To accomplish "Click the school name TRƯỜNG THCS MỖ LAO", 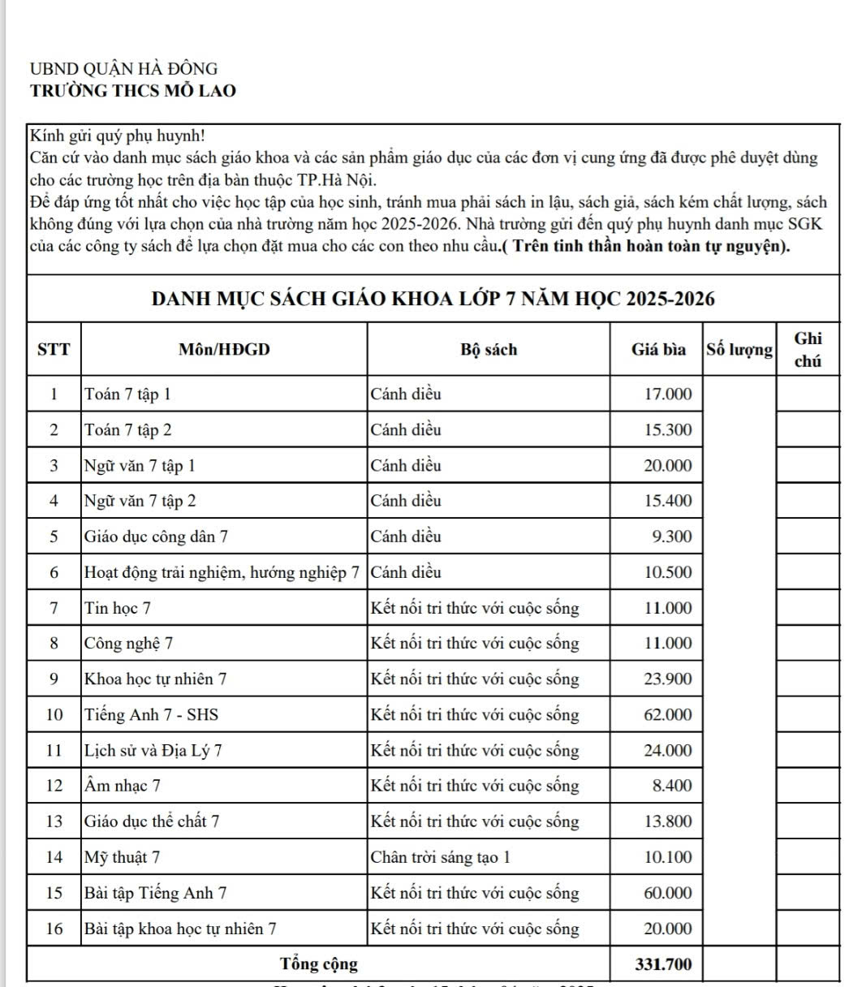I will (x=133, y=91).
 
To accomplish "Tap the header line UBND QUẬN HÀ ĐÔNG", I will (x=123, y=69).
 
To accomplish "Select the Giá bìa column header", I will (x=658, y=350).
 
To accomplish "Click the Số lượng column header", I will (x=739, y=350).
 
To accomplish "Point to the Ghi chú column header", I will (x=808, y=350).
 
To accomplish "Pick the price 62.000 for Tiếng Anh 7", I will (x=668, y=715).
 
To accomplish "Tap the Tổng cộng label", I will (x=318, y=964).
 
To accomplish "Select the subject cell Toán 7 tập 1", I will (x=128, y=394).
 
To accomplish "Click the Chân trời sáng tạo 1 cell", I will (x=441, y=857).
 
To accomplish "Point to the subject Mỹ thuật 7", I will (x=123, y=857).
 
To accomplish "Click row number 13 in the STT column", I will (x=54, y=821).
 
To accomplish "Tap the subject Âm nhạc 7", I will (x=123, y=786).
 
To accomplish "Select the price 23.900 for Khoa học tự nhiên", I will (x=668, y=679).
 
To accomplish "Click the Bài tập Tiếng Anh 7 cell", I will (x=156, y=893).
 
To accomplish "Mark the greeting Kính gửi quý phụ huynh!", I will (x=117, y=136).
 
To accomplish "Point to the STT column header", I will (x=54, y=350).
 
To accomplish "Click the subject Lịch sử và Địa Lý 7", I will (x=153, y=751).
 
